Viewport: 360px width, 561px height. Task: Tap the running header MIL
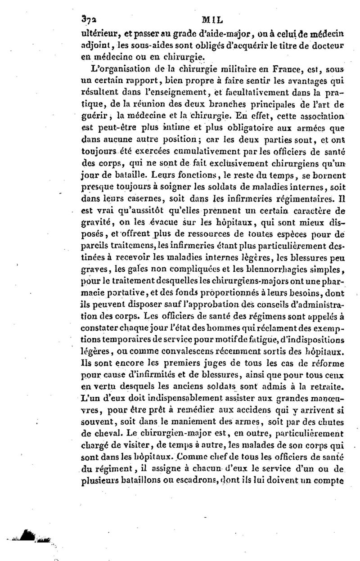point(213,20)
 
